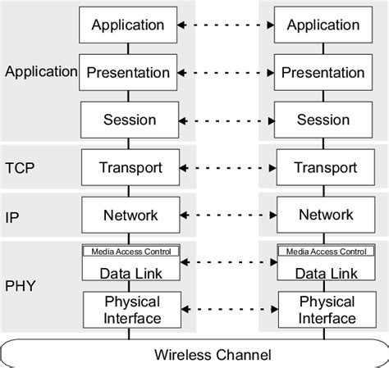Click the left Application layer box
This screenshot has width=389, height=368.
tap(129, 25)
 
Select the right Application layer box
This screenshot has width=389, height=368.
tap(323, 25)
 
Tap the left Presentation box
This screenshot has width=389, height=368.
tap(129, 72)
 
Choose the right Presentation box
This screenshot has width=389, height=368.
tap(323, 72)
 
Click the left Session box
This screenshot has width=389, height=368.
tap(129, 120)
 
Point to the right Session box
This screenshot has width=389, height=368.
tap(323, 120)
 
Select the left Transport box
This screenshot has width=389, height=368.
tap(129, 168)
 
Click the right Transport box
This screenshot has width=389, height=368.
tap(323, 168)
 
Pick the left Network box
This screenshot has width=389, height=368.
tap(129, 215)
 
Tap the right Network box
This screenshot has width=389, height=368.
tap(323, 215)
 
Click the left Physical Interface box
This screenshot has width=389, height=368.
tap(132, 310)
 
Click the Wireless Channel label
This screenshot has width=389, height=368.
tap(213, 355)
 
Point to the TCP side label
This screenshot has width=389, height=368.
tap(20, 168)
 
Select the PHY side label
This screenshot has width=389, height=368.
tap(20, 287)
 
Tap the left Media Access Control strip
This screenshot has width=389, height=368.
tap(132, 251)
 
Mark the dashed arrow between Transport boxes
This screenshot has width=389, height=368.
tap(227, 168)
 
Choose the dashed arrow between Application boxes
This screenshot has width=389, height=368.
tap(227, 25)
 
